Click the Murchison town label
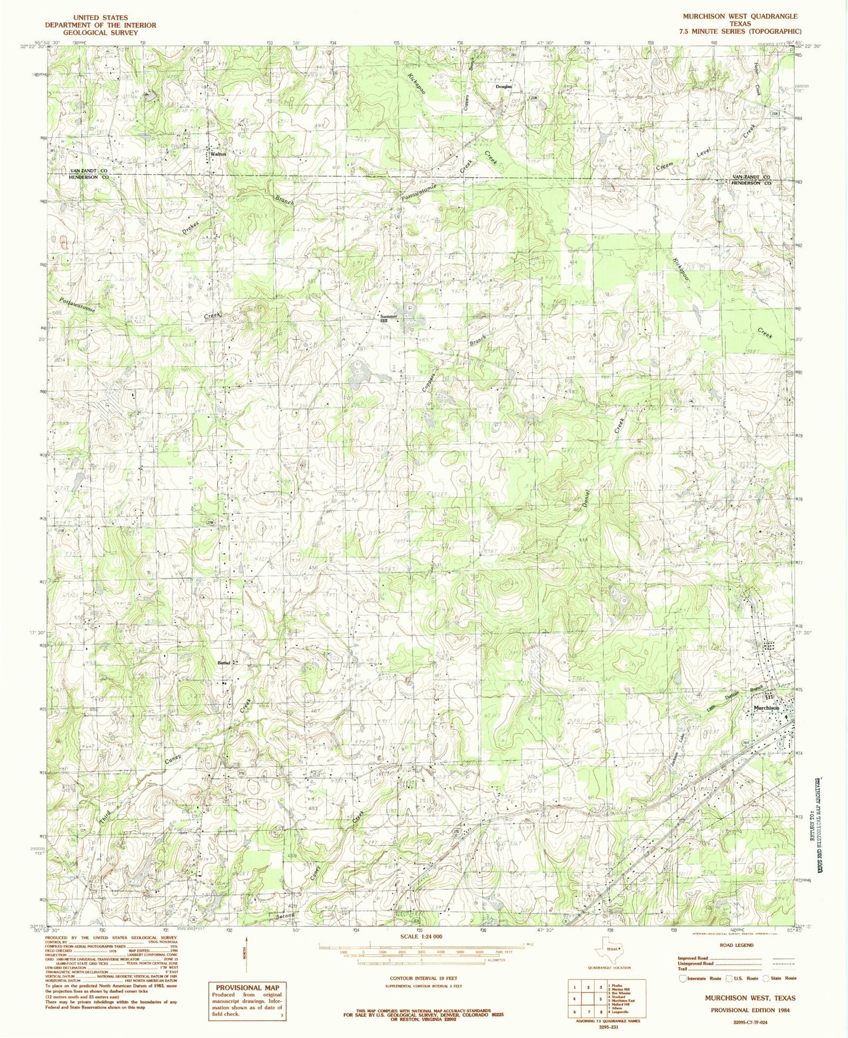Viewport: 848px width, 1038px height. [766, 708]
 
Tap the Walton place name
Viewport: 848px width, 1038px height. [218, 154]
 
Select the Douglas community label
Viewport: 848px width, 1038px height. [504, 86]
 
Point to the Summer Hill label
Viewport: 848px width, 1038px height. [388, 318]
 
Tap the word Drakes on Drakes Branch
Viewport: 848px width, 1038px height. [191, 226]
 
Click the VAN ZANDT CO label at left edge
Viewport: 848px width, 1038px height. [88, 170]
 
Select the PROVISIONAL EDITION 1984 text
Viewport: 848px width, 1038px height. [749, 1010]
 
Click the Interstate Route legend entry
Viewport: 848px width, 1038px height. [697, 978]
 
